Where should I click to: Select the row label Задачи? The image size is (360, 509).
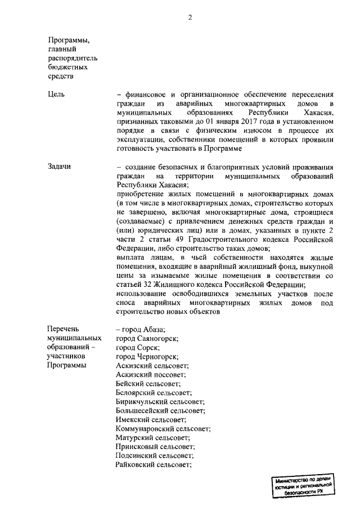pos(60,166)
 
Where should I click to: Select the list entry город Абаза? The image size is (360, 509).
pos(143,330)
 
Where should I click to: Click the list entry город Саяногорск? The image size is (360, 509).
pos(147,339)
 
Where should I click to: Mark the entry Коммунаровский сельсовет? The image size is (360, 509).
pos(163,429)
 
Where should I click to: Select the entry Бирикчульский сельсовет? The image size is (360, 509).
pos(159,402)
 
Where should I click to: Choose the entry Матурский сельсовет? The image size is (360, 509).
pos(152,438)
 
